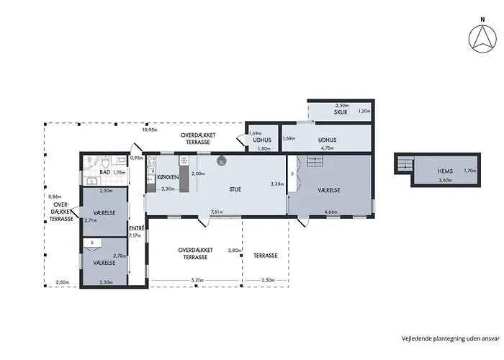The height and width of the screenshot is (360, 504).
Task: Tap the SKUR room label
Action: click(x=341, y=112)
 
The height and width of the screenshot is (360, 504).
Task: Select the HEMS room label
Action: click(x=445, y=171)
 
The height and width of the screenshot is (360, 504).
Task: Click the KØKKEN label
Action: click(x=168, y=177)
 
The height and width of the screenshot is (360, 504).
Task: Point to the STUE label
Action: click(x=235, y=189)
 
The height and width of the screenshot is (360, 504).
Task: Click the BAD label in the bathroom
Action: click(x=105, y=172)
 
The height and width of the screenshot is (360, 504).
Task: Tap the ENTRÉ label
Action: click(x=136, y=228)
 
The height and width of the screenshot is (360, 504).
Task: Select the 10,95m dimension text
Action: click(x=150, y=130)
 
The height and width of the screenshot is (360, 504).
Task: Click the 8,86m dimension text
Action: click(x=55, y=197)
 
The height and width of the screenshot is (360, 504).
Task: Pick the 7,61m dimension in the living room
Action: click(x=217, y=212)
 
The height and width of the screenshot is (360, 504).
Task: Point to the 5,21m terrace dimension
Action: click(x=197, y=280)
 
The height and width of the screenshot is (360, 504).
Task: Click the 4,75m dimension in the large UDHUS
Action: click(x=327, y=148)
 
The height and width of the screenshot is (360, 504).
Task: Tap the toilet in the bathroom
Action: click(x=105, y=160)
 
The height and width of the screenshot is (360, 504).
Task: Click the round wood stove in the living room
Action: click(x=221, y=161)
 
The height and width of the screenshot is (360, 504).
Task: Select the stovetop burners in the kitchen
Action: click(x=151, y=161)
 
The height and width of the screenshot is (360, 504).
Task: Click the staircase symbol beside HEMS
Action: click(x=405, y=163)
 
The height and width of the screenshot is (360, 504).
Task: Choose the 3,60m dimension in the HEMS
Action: click(x=445, y=180)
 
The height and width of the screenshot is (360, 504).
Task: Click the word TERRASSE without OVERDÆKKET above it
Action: click(x=266, y=256)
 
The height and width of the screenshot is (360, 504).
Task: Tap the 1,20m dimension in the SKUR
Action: click(x=364, y=111)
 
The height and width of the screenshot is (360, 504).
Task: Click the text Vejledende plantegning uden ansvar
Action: click(x=451, y=338)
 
